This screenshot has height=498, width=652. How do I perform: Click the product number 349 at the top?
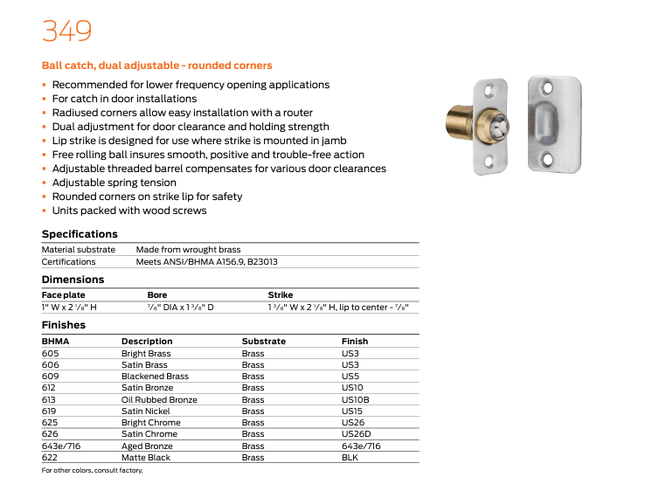pyautogui.click(x=66, y=31)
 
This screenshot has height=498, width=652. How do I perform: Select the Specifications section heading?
pyautogui.click(x=80, y=234)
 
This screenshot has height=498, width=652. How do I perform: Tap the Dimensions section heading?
pyautogui.click(x=73, y=280)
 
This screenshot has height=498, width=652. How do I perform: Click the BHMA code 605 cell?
pyautogui.click(x=51, y=354)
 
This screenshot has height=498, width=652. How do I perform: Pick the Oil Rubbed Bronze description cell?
pyautogui.click(x=159, y=399)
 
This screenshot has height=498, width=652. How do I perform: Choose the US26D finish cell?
pyautogui.click(x=356, y=434)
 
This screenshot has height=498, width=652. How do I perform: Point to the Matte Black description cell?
pyautogui.click(x=146, y=457)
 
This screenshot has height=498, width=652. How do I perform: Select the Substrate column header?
pyautogui.click(x=263, y=342)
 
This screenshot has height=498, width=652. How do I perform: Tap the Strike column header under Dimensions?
pyautogui.click(x=281, y=295)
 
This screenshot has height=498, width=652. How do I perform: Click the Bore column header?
pyautogui.click(x=157, y=295)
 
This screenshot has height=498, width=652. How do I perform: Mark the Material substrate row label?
pyautogui.click(x=79, y=250)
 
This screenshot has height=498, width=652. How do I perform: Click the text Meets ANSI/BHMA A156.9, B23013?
pyautogui.click(x=207, y=261)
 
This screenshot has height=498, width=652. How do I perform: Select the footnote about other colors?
pyautogui.click(x=92, y=471)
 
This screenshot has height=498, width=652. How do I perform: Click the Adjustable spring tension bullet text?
pyautogui.click(x=114, y=183)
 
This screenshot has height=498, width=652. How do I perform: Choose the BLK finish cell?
pyautogui.click(x=350, y=457)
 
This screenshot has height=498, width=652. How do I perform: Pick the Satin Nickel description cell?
pyautogui.click(x=146, y=411)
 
